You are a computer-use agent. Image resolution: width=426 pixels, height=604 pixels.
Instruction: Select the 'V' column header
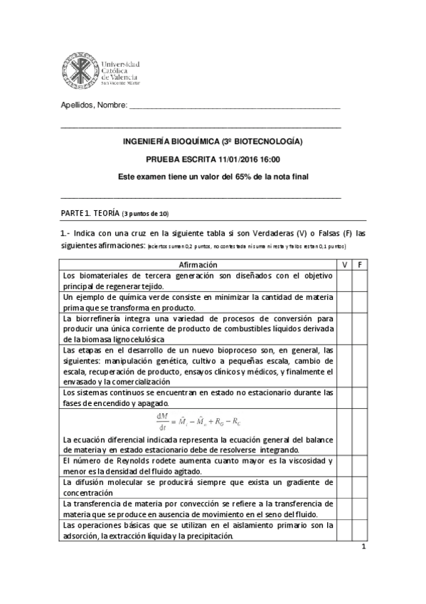pos(344,264)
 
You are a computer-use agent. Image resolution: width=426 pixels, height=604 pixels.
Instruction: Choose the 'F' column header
pos(360,264)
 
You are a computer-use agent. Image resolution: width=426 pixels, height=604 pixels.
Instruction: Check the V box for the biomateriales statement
pos(344,280)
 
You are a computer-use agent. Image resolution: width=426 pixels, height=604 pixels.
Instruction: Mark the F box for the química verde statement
pos(360,302)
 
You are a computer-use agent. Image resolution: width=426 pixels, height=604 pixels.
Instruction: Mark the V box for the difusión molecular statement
pos(344,487)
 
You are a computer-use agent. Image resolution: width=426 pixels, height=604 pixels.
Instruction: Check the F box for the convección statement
pos(360,509)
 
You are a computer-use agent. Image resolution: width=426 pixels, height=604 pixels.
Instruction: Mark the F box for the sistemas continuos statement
pos(360,397)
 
